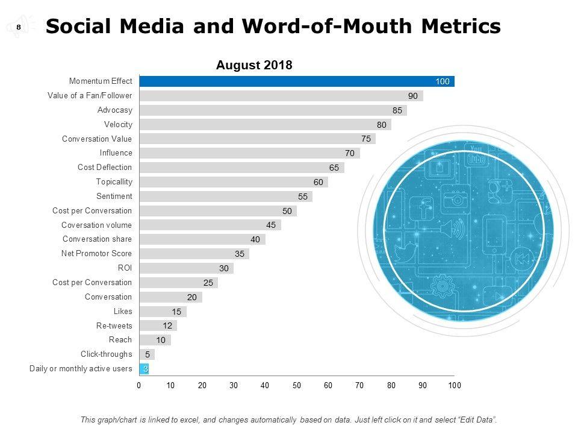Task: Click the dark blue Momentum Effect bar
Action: (296, 81)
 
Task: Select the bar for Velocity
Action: (265, 125)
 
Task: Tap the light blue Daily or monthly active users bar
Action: (144, 369)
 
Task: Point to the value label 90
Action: (413, 96)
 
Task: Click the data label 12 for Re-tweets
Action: (167, 326)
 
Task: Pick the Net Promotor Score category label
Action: (96, 254)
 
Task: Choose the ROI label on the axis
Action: (125, 268)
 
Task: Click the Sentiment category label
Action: (114, 197)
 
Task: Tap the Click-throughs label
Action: (106, 354)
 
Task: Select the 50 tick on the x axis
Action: (297, 385)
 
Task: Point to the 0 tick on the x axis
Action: (139, 385)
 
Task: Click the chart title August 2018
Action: (254, 65)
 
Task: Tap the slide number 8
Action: (19, 27)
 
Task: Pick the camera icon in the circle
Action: (456, 200)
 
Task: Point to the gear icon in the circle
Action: (443, 285)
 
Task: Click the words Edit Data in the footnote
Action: (475, 420)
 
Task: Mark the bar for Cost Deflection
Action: (241, 168)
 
